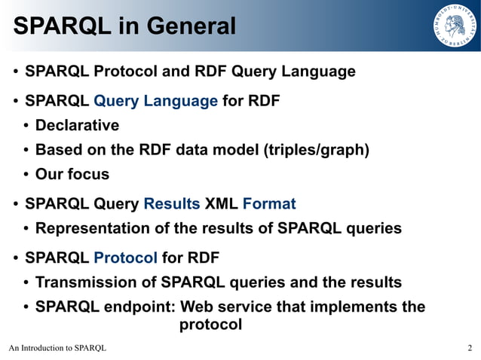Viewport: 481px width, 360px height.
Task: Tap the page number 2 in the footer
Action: point(470,348)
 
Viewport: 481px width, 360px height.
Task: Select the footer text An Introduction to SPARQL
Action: point(58,348)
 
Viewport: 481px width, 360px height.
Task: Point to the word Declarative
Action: point(77,125)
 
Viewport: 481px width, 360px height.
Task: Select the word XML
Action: point(221,203)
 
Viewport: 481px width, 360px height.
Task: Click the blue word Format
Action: point(269,203)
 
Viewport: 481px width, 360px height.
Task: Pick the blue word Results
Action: point(172,203)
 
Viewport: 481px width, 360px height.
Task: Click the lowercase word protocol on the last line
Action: point(210,325)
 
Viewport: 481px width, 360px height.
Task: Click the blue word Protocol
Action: point(125,258)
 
